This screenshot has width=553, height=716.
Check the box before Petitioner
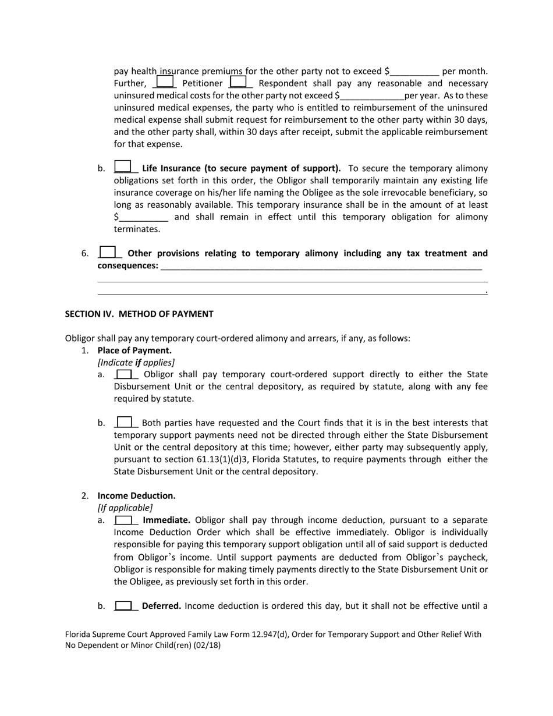coord(165,83)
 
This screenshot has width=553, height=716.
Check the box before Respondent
coord(238,83)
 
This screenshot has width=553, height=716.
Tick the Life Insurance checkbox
coord(123,167)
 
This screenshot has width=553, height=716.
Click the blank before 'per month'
coord(414,72)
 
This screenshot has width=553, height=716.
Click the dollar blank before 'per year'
coord(371,95)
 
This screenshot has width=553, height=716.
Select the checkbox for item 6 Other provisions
coord(107,253)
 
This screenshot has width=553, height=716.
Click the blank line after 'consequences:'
coord(321,266)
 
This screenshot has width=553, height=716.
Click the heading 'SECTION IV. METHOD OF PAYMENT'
coord(139,314)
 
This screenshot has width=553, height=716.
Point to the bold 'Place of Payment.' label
coord(134,350)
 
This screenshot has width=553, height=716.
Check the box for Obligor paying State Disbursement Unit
coord(124,374)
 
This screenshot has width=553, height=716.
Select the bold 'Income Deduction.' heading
coord(136,495)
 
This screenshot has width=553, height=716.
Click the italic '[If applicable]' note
coord(125,508)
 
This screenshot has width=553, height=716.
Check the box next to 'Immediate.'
coord(124,520)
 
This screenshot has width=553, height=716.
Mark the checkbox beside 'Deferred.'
coord(124,606)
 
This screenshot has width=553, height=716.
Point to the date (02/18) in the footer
coord(208,645)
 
